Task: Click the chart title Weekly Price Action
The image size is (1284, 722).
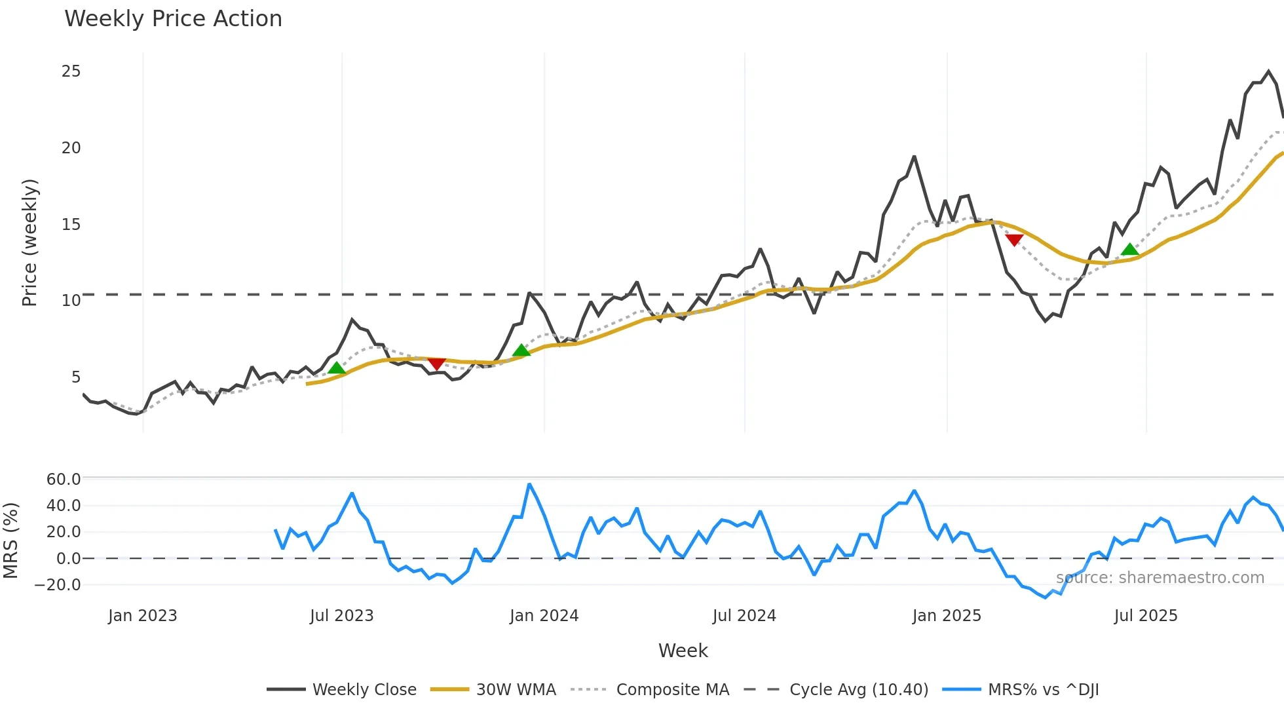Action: point(173,19)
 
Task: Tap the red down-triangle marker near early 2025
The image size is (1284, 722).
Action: point(1014,240)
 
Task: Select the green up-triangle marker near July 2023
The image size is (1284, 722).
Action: point(336,368)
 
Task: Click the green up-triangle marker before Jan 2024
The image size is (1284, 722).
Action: point(521,351)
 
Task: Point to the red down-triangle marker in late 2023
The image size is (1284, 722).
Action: point(436,364)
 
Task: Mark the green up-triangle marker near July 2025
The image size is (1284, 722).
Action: point(1129,249)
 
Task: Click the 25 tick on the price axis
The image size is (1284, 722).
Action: point(71,71)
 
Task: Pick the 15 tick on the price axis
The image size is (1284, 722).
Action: point(71,225)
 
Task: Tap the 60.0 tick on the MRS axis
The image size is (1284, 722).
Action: point(64,479)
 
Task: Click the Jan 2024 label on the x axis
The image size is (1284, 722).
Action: point(544,616)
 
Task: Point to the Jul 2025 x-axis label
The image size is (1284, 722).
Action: point(1145,616)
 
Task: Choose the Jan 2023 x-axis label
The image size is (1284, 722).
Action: point(142,616)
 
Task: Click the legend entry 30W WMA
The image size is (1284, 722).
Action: point(516,690)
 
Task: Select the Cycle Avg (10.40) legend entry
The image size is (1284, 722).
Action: point(858,690)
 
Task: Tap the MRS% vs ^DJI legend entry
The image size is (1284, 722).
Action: point(1043,690)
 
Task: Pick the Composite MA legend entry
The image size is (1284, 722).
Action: point(672,690)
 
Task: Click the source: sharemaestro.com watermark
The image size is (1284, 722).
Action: point(1160,578)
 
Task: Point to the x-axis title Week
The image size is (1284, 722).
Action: point(683,651)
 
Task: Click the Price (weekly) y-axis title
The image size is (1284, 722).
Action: point(29,242)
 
